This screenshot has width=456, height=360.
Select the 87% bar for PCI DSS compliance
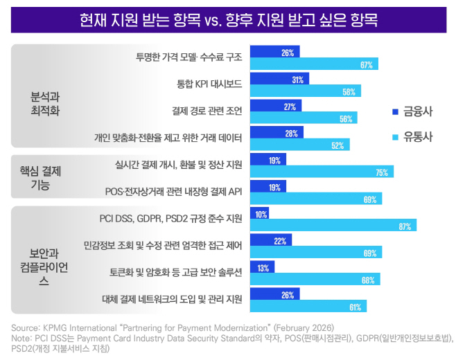pos(333,225)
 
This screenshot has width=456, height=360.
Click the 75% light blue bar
pos(322,172)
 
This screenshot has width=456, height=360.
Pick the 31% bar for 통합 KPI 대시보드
pos(279,80)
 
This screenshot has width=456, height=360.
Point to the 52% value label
pos(338,145)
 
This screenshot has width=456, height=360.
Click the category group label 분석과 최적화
pos(46,105)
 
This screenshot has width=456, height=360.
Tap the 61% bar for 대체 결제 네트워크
pos(308,306)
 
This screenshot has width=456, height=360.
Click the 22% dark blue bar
pos(270,241)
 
